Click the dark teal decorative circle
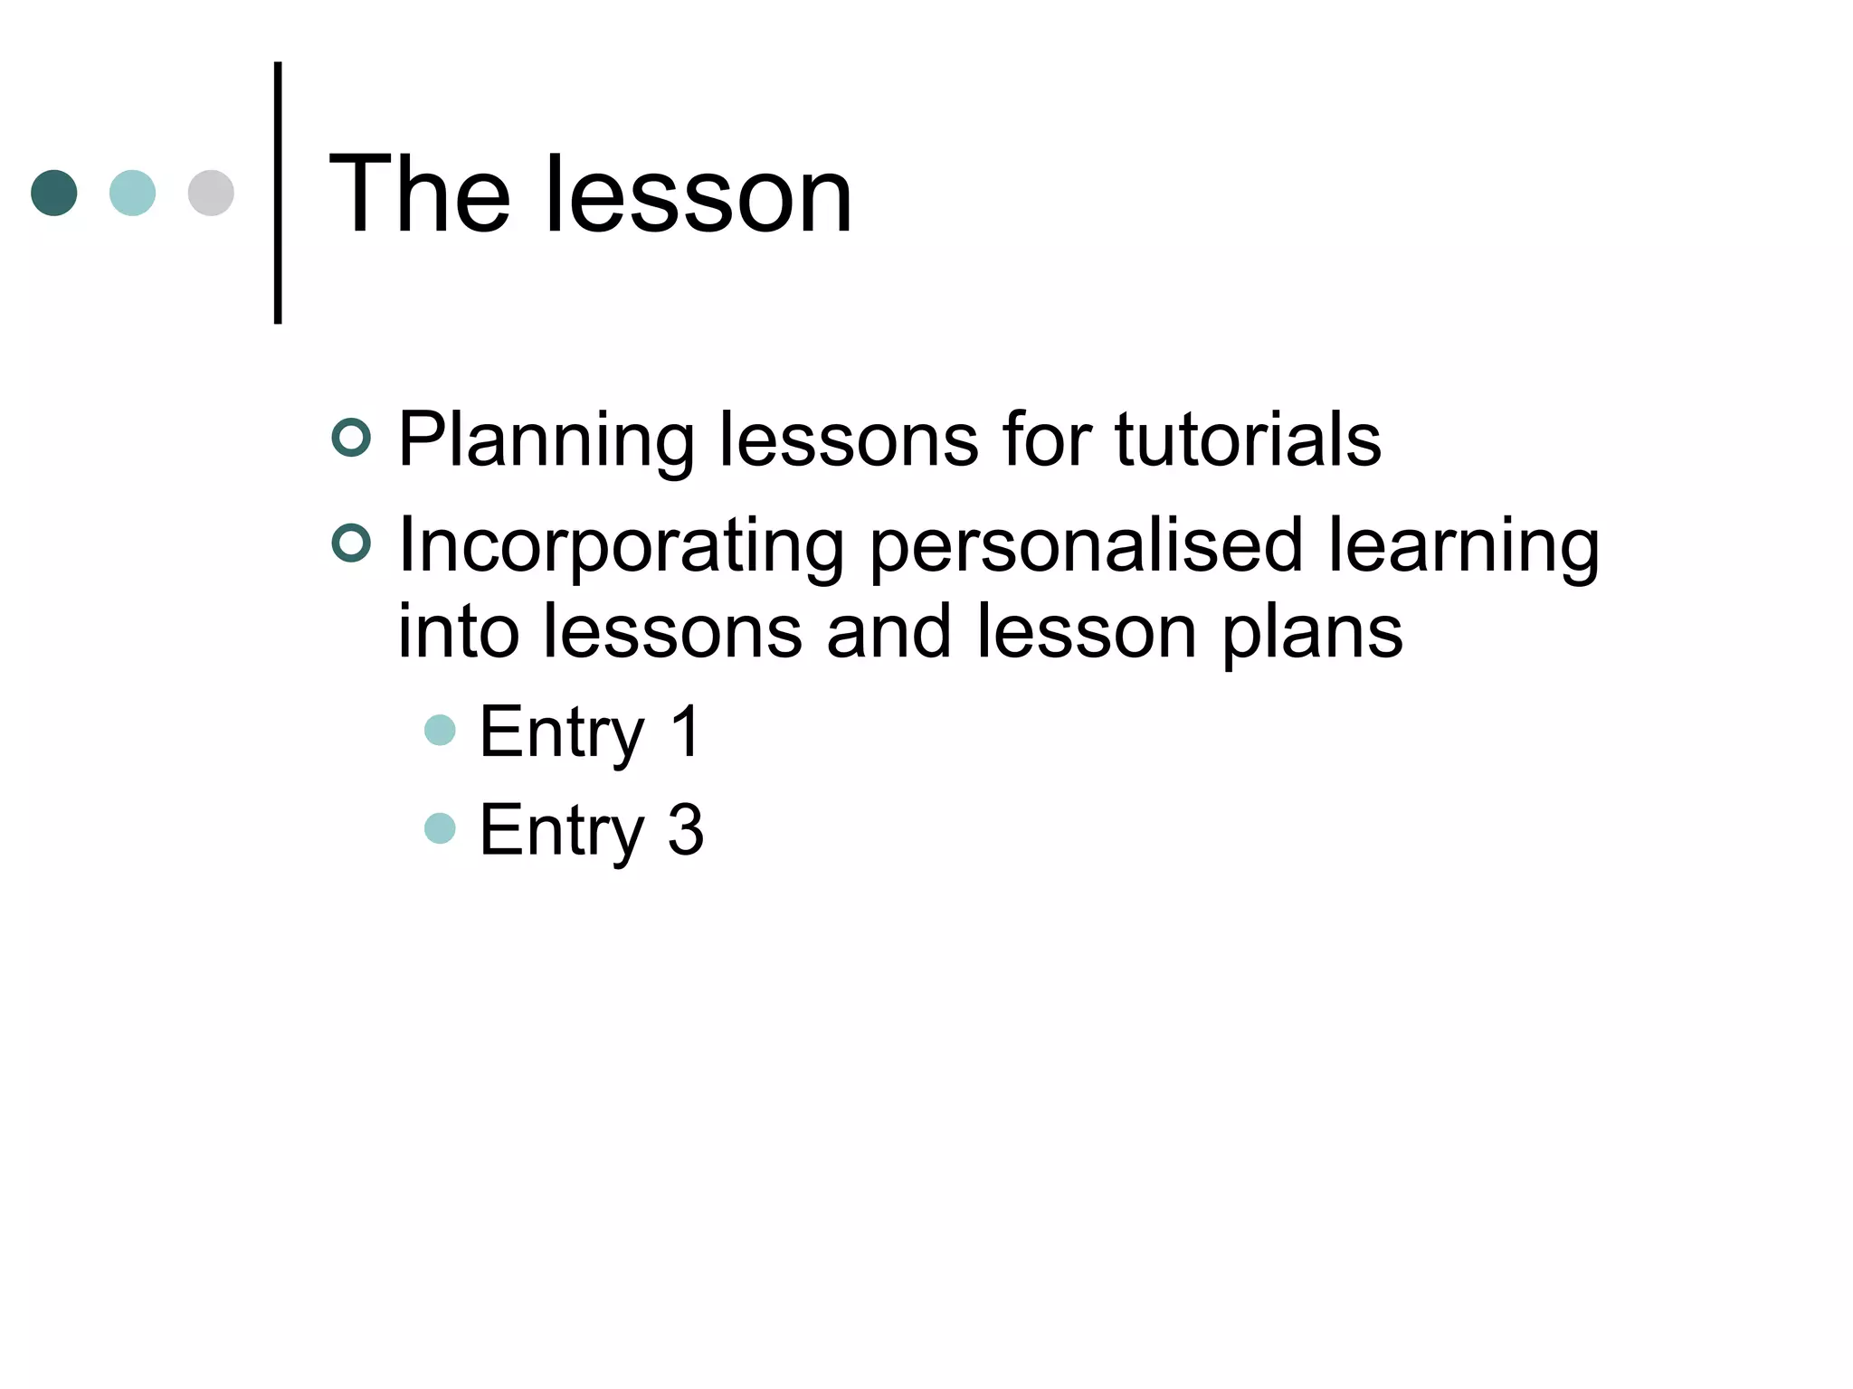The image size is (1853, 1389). [54, 193]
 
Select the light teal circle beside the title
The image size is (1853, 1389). [132, 193]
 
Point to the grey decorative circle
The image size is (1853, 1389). [211, 193]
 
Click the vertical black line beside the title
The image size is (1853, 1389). [278, 193]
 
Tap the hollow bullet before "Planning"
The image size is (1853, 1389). [351, 438]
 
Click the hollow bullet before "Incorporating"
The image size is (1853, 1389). [351, 543]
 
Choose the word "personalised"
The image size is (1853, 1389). [1086, 546]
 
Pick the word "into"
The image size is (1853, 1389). [459, 630]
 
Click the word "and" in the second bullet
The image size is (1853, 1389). [888, 630]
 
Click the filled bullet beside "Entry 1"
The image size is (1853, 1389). [440, 730]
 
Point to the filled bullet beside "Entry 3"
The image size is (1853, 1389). [440, 828]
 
